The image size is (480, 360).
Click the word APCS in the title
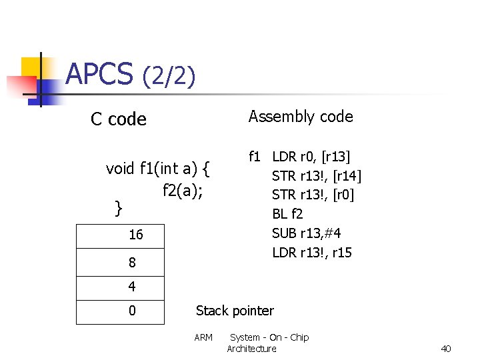(x=99, y=74)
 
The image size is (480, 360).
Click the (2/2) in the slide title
(x=169, y=77)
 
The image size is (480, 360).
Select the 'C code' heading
(x=119, y=119)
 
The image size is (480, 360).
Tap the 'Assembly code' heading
(x=301, y=117)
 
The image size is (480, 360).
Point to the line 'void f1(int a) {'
(x=158, y=169)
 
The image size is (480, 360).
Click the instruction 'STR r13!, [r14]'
(x=316, y=176)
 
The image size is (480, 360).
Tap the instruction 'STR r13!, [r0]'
(x=313, y=195)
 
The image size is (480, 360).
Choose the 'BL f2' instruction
(x=287, y=214)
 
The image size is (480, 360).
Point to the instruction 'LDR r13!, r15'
(x=311, y=253)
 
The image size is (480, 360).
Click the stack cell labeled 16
(x=121, y=236)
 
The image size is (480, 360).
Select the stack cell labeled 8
(x=121, y=263)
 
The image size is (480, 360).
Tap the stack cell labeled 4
(x=121, y=288)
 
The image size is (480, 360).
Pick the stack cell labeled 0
(x=121, y=311)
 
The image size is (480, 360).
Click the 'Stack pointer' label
(x=235, y=311)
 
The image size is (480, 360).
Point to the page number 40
(x=446, y=349)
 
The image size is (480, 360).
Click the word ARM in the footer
(x=203, y=337)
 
